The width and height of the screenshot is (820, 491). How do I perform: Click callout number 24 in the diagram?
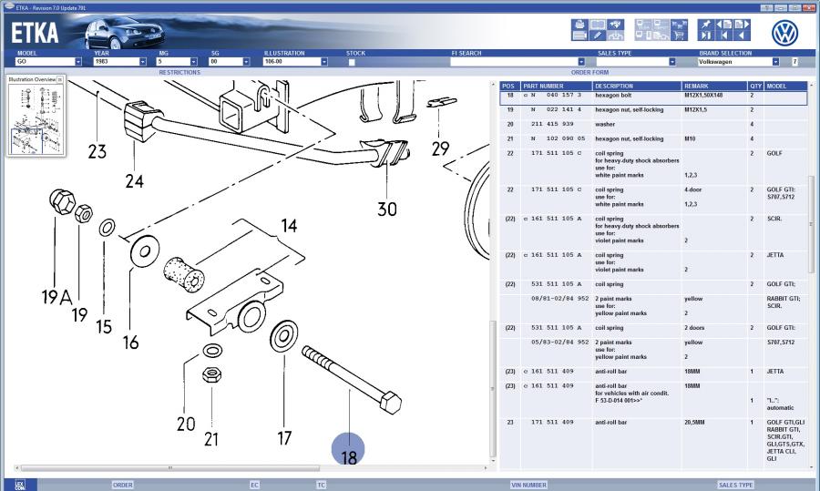(x=134, y=181)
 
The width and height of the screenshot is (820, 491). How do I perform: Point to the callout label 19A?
(x=55, y=296)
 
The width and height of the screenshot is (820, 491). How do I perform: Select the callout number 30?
(x=386, y=209)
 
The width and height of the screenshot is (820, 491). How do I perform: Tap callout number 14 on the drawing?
(x=288, y=225)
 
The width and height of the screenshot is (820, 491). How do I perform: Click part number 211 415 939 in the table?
(x=553, y=123)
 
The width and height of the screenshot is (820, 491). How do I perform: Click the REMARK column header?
(x=697, y=86)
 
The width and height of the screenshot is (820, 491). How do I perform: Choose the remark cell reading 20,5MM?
(x=699, y=423)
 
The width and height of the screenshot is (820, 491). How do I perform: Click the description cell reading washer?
(x=606, y=123)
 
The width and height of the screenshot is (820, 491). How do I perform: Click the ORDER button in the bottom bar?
(x=122, y=485)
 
